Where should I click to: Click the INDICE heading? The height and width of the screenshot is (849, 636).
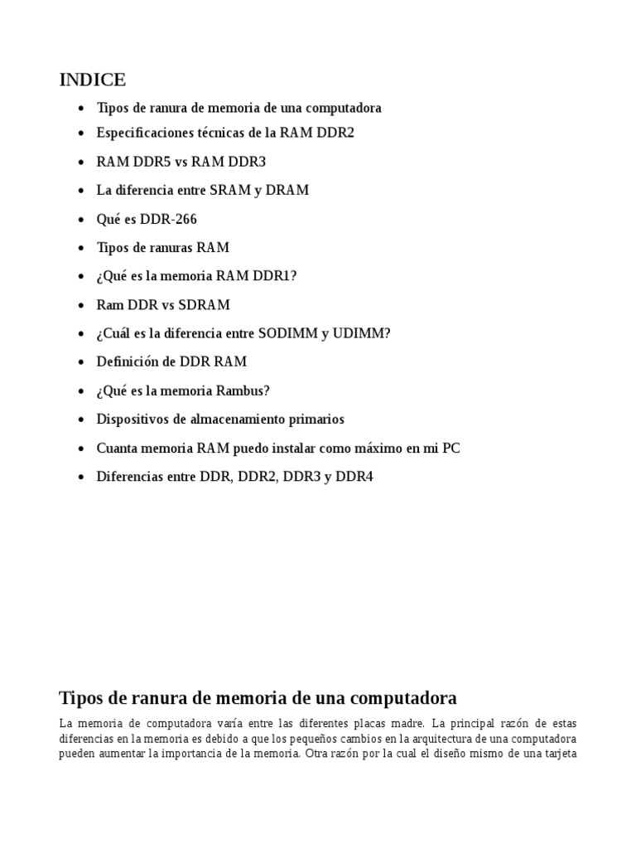[x=93, y=80]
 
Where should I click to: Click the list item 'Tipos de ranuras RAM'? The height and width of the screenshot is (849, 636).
[x=163, y=248]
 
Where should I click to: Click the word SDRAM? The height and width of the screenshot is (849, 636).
[x=204, y=305]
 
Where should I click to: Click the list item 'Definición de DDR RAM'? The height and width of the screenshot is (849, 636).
[x=171, y=362]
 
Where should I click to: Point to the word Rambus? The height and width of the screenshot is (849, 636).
[x=241, y=391]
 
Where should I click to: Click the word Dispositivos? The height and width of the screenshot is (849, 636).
[x=135, y=420]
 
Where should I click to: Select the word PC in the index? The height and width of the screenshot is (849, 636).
[x=451, y=449]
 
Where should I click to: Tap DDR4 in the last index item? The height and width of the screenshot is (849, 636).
[x=354, y=477]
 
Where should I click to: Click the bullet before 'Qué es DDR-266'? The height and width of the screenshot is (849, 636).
[x=79, y=220]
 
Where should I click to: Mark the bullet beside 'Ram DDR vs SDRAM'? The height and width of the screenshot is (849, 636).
[x=79, y=306]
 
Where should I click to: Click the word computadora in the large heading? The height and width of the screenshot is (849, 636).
[x=397, y=697]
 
